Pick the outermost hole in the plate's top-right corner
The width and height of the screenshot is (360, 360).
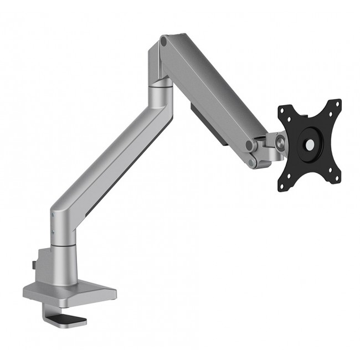tap(336, 105)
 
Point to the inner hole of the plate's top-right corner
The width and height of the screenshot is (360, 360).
tap(330, 114)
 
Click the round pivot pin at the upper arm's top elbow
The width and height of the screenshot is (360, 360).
tap(163, 40)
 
